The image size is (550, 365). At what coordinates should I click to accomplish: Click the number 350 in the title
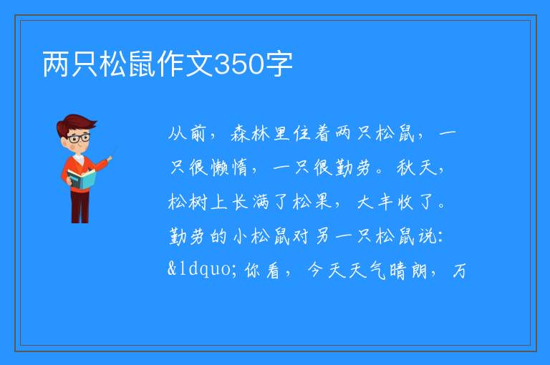238,64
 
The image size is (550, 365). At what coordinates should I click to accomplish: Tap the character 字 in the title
279,64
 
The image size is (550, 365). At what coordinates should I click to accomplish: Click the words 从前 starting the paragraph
187,133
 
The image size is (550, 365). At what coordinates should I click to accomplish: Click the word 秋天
417,167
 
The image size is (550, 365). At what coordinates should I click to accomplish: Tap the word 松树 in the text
188,202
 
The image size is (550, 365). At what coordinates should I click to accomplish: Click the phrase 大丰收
385,202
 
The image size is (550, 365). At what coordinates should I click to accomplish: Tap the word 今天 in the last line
327,271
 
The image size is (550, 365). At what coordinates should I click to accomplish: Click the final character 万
459,271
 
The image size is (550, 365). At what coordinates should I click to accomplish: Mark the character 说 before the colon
427,236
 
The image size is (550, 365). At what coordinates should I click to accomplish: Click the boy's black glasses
79,138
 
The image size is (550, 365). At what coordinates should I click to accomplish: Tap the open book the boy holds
82,179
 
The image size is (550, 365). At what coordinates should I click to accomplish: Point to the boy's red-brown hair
75,123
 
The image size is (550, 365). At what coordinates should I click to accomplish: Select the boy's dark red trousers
79,206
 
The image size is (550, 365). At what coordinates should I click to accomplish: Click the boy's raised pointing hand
110,159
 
